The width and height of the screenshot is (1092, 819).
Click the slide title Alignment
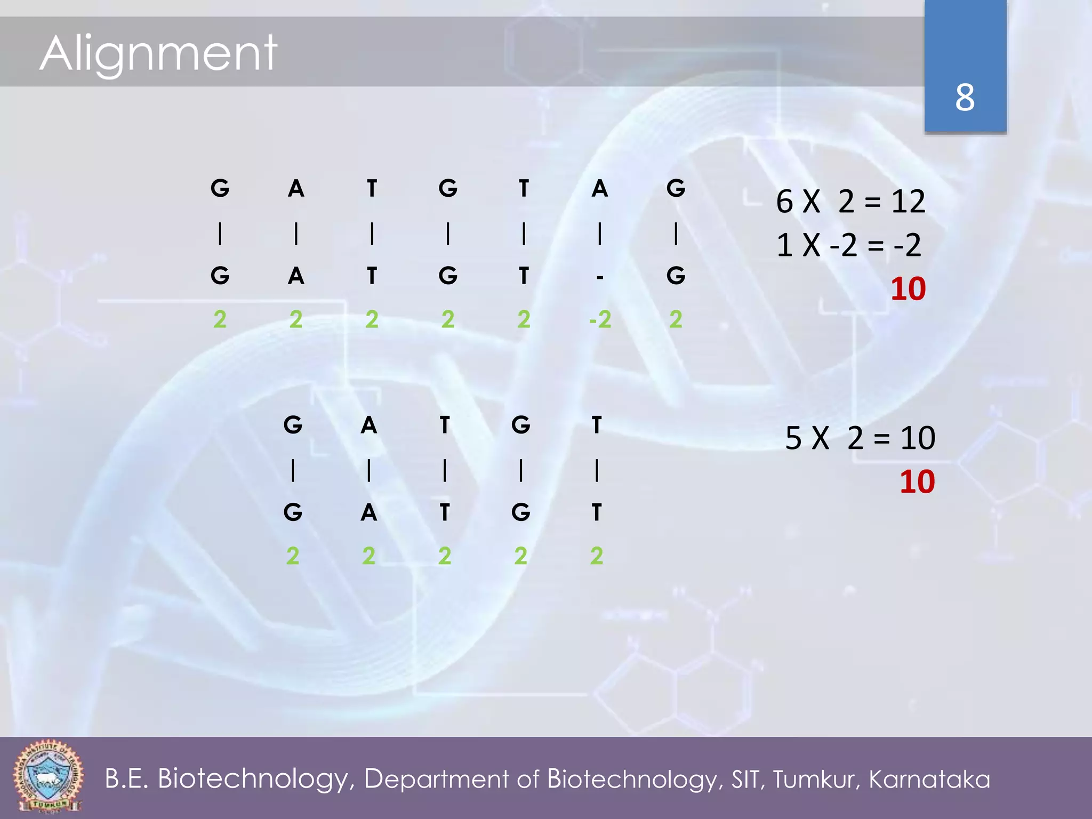click(x=158, y=53)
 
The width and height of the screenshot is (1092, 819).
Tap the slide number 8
click(x=965, y=98)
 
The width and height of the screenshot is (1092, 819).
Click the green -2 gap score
click(x=600, y=319)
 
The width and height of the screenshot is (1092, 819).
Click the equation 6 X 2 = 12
click(x=850, y=202)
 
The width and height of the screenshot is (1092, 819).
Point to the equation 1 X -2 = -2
click(x=848, y=245)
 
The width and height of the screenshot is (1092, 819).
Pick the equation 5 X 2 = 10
click(x=860, y=438)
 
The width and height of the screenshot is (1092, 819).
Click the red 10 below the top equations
click(x=908, y=289)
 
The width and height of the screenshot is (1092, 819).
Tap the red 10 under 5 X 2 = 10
click(x=917, y=482)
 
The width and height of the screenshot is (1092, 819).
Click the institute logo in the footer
click(x=48, y=776)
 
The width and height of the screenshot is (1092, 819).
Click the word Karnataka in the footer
click(x=929, y=779)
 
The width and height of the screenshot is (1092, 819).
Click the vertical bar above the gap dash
click(x=600, y=234)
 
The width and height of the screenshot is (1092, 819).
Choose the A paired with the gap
click(x=600, y=188)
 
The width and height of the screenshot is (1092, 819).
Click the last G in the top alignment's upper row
click(x=676, y=188)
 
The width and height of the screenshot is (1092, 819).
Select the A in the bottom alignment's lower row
click(x=369, y=512)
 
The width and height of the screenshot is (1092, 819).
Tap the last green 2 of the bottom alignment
click(x=597, y=556)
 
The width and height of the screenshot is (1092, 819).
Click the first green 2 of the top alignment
click(x=220, y=319)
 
